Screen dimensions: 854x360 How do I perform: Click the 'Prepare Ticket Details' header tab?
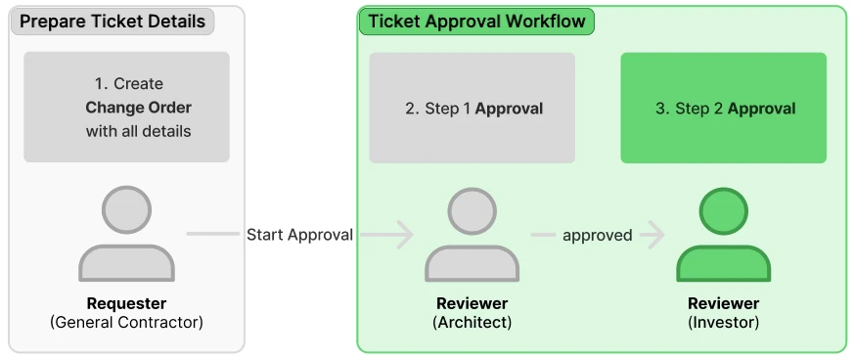pyautogui.click(x=112, y=22)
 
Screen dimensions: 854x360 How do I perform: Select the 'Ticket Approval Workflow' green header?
pyautogui.click(x=476, y=22)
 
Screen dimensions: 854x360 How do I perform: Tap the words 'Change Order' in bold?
pyautogui.click(x=138, y=108)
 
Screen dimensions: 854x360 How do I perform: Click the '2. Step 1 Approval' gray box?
pyautogui.click(x=472, y=108)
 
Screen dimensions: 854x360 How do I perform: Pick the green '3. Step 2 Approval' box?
pyautogui.click(x=723, y=108)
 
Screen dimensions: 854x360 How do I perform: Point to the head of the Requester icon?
pyautogui.click(x=126, y=209)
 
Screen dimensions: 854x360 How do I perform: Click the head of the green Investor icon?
pyautogui.click(x=724, y=212)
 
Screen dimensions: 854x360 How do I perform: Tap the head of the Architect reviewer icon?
pyautogui.click(x=472, y=212)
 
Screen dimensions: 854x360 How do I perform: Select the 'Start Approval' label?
pyautogui.click(x=300, y=235)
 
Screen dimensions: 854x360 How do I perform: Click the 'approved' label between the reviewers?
pyautogui.click(x=598, y=236)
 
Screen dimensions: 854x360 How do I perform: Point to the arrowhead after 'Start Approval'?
pyautogui.click(x=404, y=235)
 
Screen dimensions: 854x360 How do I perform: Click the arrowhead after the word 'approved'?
pyautogui.click(x=656, y=235)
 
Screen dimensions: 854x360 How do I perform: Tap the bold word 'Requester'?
pyautogui.click(x=126, y=303)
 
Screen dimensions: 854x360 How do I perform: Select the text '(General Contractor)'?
pyautogui.click(x=126, y=323)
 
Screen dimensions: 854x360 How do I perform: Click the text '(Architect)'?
pyautogui.click(x=472, y=323)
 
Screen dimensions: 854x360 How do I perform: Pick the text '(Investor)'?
pyautogui.click(x=724, y=323)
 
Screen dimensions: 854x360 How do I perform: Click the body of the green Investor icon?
pyautogui.click(x=724, y=264)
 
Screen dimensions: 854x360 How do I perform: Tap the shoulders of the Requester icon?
pyautogui.click(x=126, y=263)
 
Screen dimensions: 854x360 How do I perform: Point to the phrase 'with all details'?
pyautogui.click(x=138, y=131)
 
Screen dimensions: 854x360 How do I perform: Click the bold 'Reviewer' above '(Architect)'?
pyautogui.click(x=472, y=303)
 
